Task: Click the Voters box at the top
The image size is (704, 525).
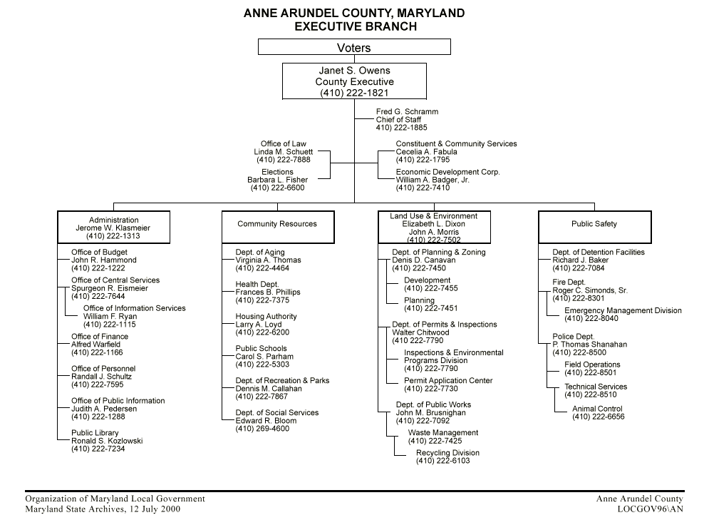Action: click(x=354, y=48)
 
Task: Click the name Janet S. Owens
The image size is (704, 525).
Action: click(x=354, y=71)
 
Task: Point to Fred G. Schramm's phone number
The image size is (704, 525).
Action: click(x=402, y=128)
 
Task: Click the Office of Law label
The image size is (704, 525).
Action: click(x=284, y=144)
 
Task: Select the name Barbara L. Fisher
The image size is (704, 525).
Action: click(x=277, y=180)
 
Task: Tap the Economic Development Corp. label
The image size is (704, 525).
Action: click(x=448, y=172)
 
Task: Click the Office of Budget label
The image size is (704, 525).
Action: click(x=100, y=253)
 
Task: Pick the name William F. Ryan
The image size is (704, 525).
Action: click(x=110, y=317)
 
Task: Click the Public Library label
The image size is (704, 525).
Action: click(x=95, y=433)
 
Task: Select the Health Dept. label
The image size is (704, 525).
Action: click(x=257, y=285)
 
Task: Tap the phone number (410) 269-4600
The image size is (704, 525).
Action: click(x=262, y=429)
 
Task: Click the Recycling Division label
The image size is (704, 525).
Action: click(x=447, y=453)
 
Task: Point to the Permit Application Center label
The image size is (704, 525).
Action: click(x=448, y=381)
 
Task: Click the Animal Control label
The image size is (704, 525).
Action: click(x=597, y=409)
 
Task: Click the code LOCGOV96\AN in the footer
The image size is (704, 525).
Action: click(x=651, y=509)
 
